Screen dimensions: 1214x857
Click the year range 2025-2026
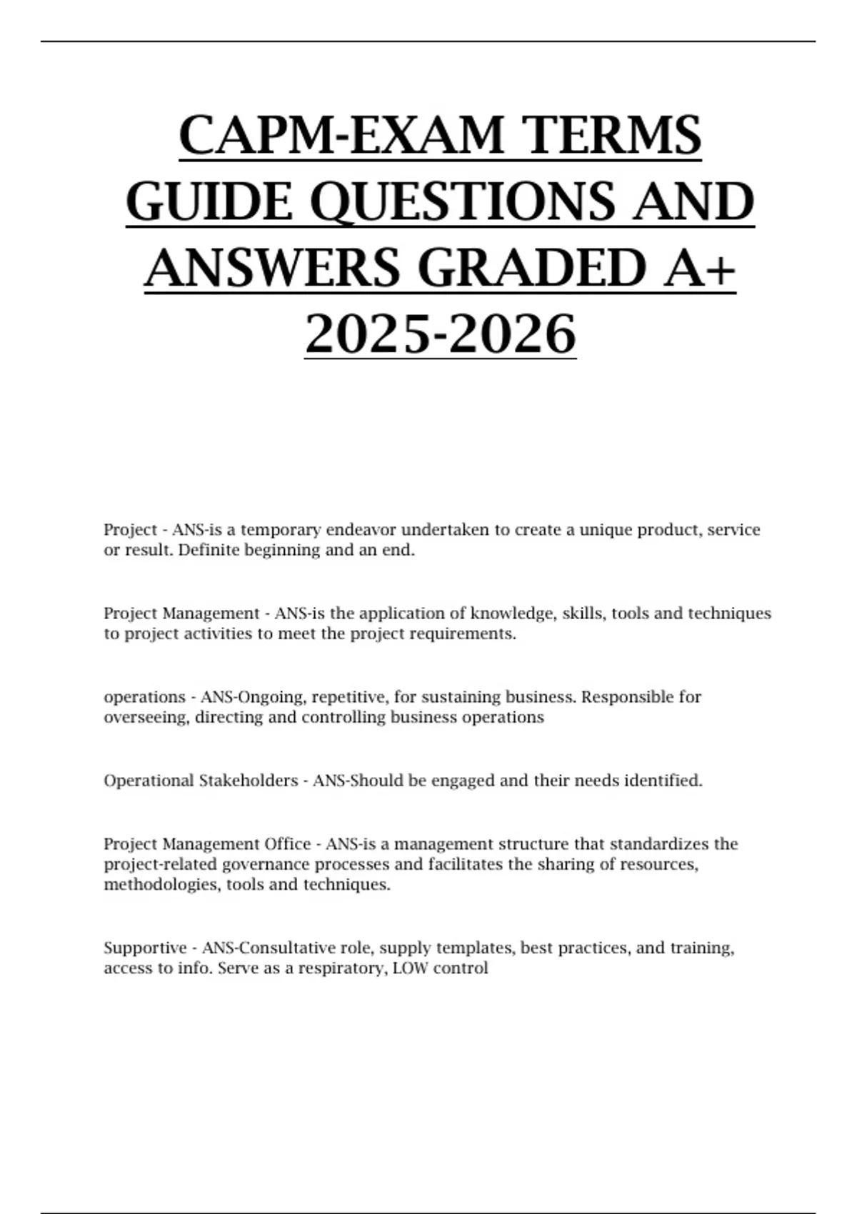pyautogui.click(x=440, y=333)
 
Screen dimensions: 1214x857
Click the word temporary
pyautogui.click(x=281, y=530)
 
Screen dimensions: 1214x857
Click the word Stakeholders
pyautogui.click(x=248, y=781)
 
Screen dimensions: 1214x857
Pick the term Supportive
pyautogui.click(x=145, y=948)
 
